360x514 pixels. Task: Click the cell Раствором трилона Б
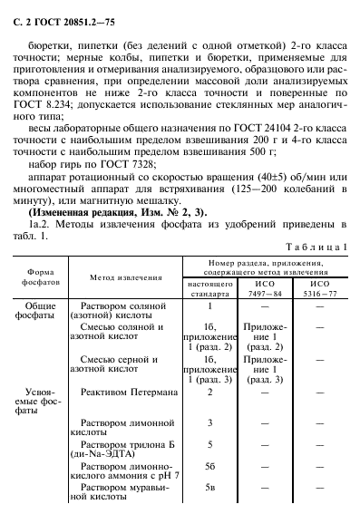(x=122, y=449)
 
